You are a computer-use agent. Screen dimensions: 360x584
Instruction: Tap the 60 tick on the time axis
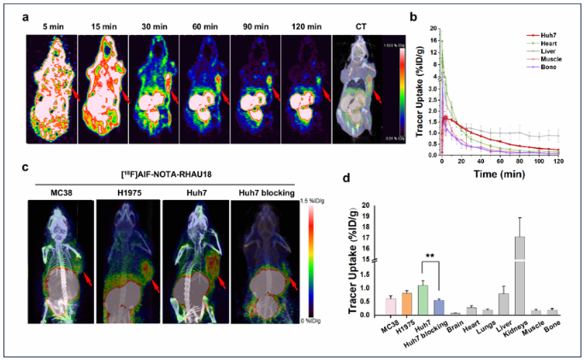click(x=481, y=160)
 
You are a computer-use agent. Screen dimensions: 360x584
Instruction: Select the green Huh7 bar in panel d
click(x=422, y=299)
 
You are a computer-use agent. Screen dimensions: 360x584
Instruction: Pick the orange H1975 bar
click(x=406, y=304)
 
